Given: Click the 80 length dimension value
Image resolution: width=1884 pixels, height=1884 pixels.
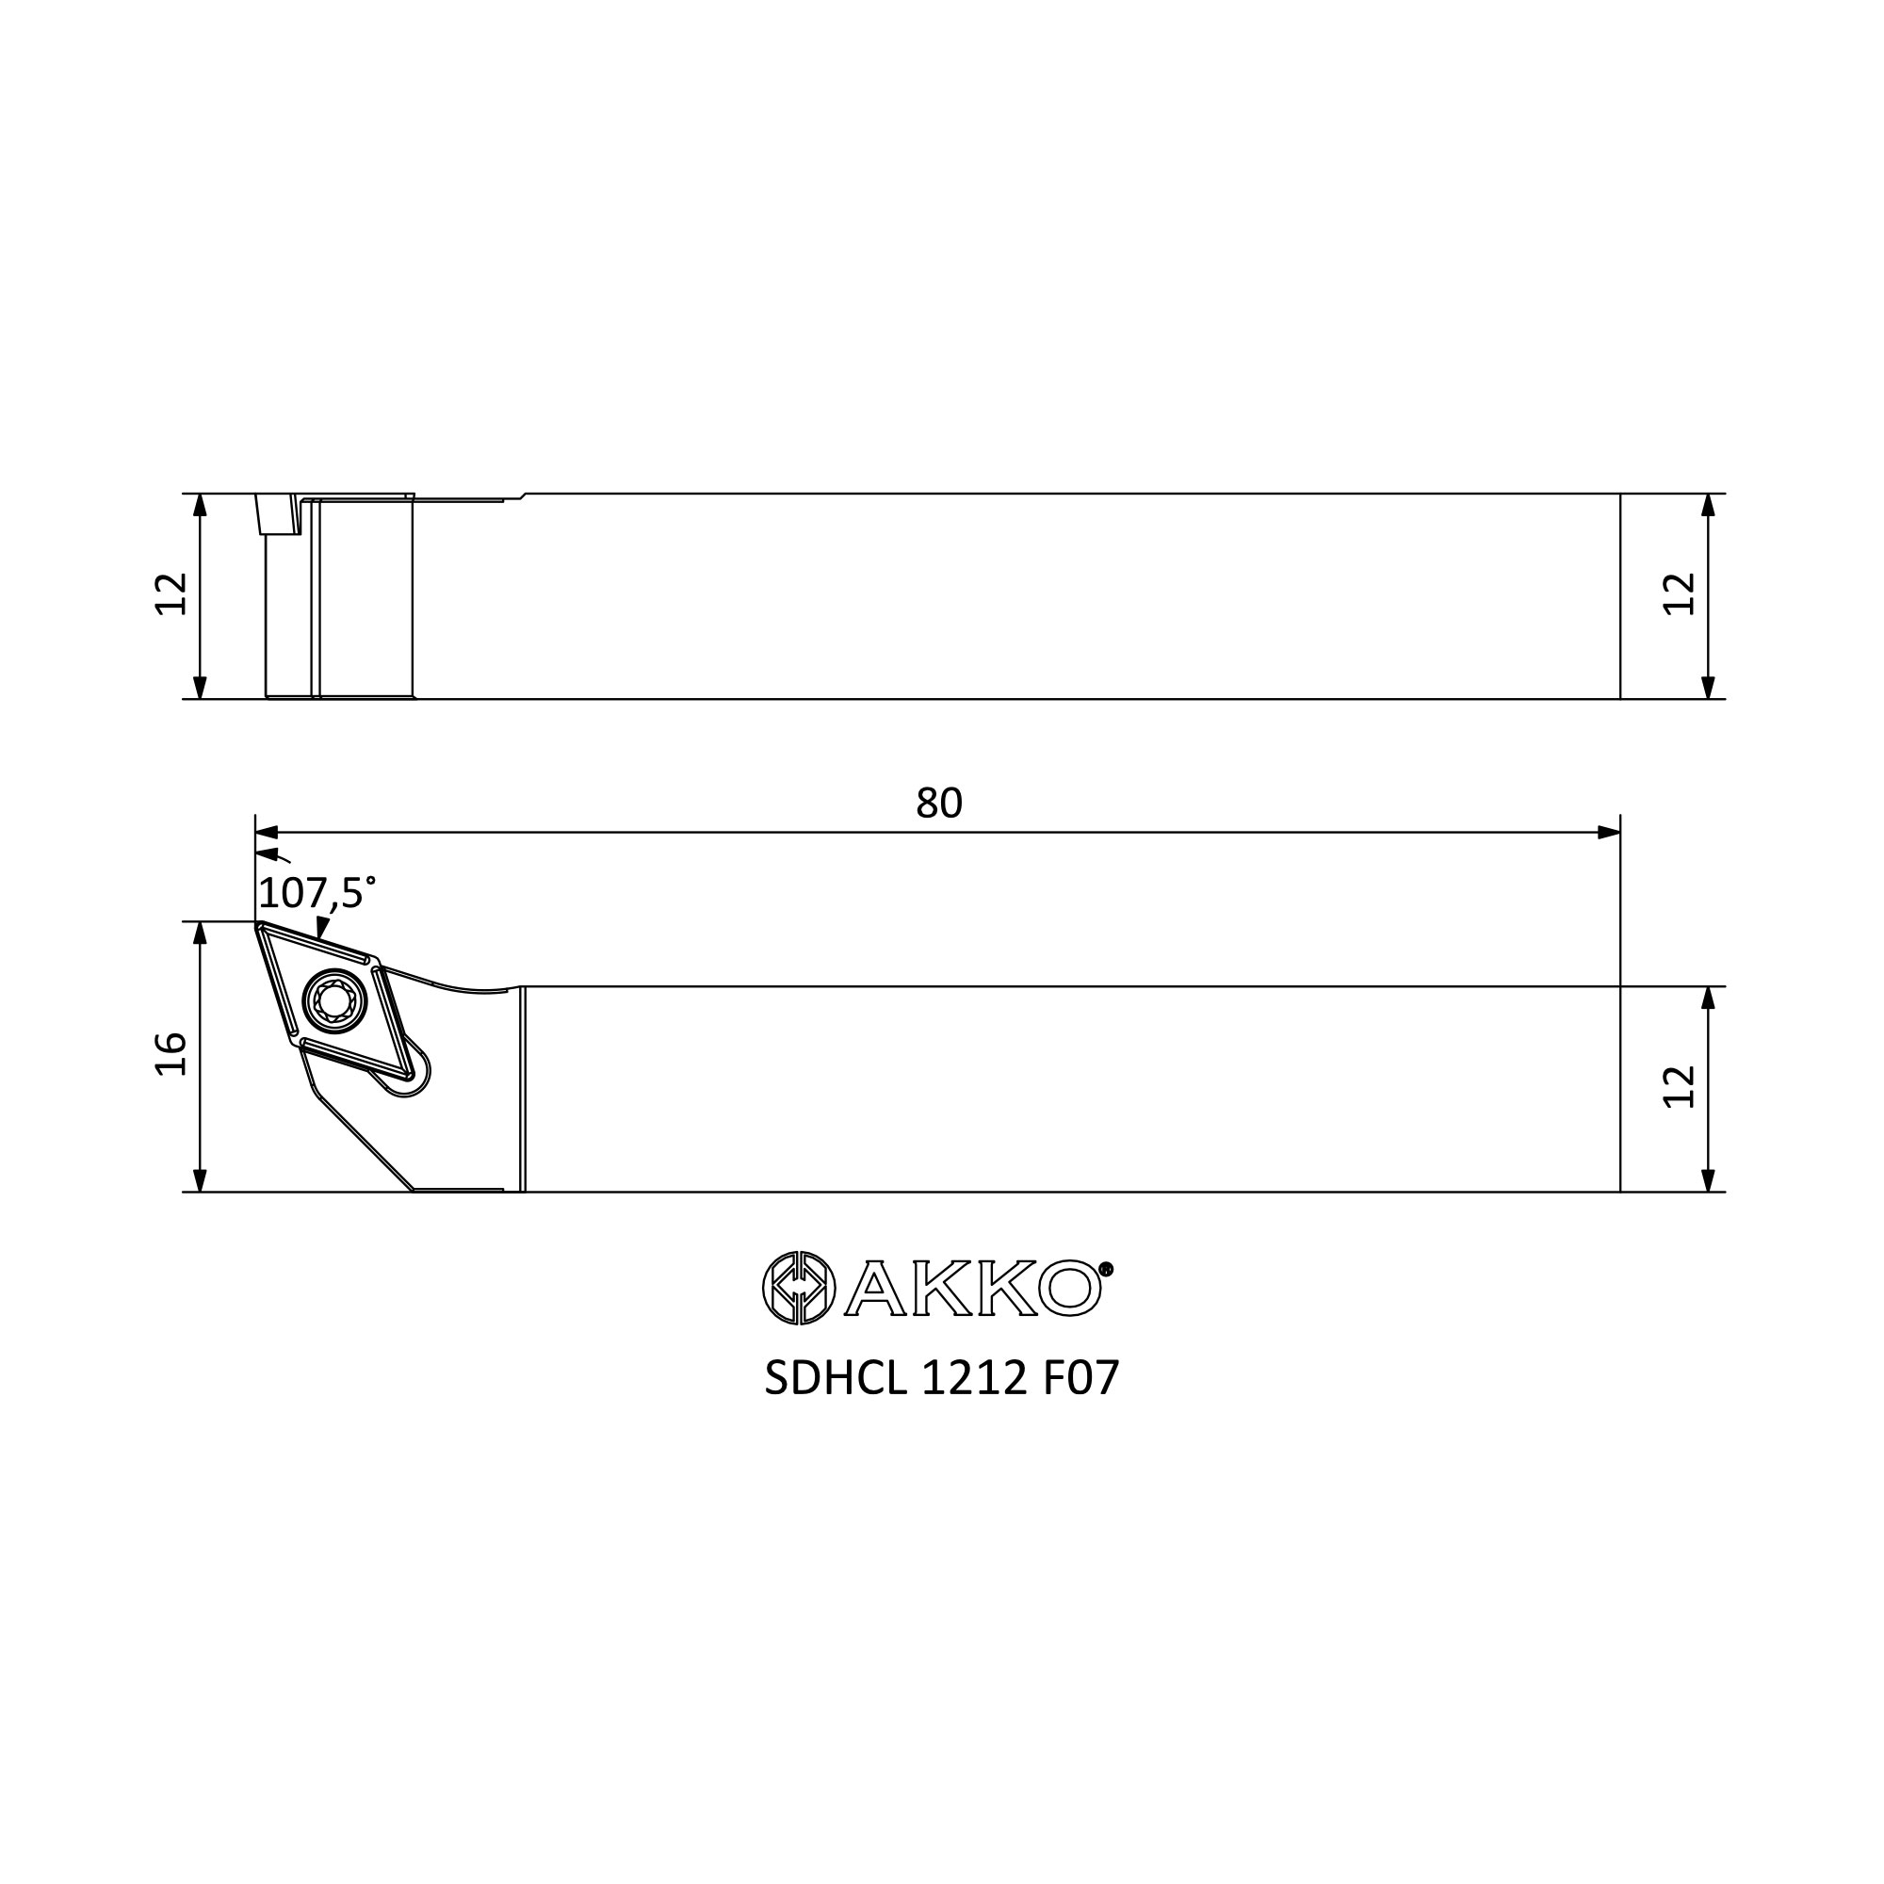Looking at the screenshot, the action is click(939, 804).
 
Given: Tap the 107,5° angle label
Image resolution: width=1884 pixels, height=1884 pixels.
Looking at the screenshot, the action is click(317, 893).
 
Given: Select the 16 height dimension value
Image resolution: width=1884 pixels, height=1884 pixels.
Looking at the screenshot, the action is click(171, 1054).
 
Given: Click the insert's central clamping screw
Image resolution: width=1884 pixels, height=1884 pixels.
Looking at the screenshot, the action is click(334, 1001).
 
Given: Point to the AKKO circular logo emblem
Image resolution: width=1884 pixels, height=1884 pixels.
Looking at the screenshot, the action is click(799, 1288).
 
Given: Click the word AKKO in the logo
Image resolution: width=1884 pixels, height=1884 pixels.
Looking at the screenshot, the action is click(972, 1288).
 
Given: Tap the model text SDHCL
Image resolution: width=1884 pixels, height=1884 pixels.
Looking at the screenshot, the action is click(836, 1379).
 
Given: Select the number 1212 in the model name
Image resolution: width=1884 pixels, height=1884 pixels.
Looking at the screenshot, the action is click(974, 1379).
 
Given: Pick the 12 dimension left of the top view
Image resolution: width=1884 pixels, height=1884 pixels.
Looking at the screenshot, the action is click(171, 593).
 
